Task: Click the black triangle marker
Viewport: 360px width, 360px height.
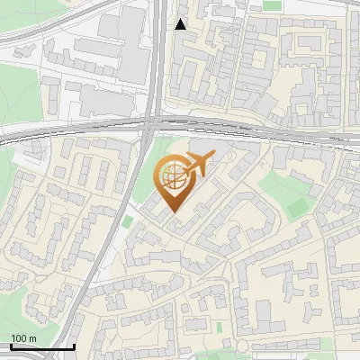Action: [181, 24]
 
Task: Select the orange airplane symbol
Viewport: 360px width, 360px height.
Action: [199, 164]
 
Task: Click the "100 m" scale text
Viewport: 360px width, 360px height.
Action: [23, 337]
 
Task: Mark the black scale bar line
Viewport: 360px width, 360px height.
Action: [41, 346]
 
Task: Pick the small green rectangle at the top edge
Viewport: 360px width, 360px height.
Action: [271, 4]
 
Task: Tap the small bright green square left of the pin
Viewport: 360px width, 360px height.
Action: [128, 221]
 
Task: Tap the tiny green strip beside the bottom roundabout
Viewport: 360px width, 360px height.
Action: [218, 326]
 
